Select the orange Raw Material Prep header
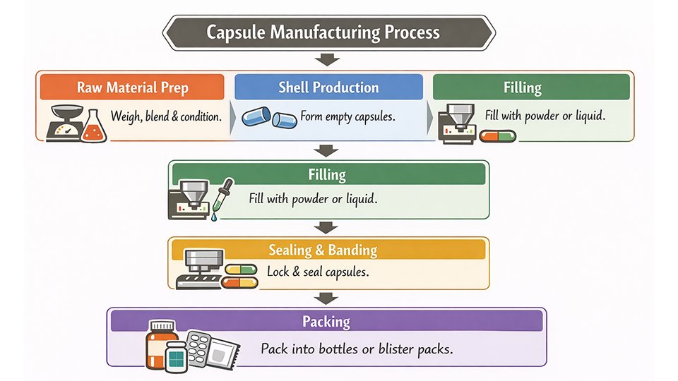pyautogui.click(x=132, y=87)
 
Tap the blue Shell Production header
pyautogui.click(x=328, y=87)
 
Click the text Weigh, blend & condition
pyautogui.click(x=166, y=116)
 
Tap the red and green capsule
pyautogui.click(x=498, y=135)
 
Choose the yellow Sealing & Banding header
pyautogui.click(x=328, y=250)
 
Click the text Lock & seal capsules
pyautogui.click(x=318, y=271)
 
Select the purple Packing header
pyautogui.click(x=326, y=322)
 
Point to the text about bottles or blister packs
pyautogui.click(x=356, y=349)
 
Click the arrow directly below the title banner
pyautogui.click(x=326, y=59)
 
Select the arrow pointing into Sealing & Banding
pyautogui.click(x=326, y=227)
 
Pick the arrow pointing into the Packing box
pyautogui.click(x=326, y=297)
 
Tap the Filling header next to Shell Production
pyautogui.click(x=523, y=87)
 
